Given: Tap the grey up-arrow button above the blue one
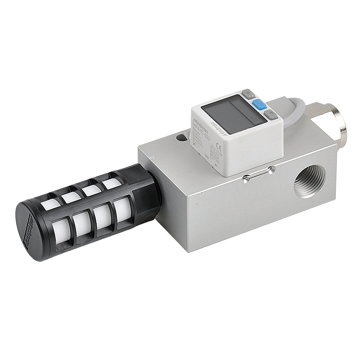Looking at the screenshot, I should pos(248,94).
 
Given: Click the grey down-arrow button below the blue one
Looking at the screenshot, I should pos(270,115).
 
